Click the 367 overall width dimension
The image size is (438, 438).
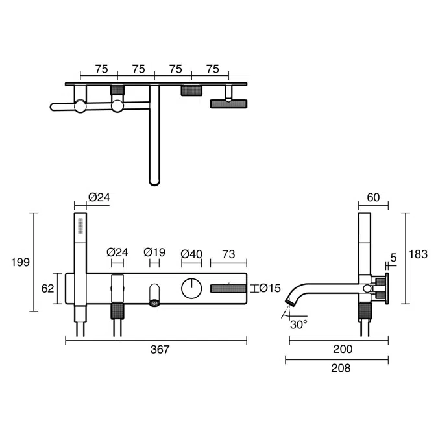[x=159, y=349]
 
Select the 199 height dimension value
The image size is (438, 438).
[x=21, y=262]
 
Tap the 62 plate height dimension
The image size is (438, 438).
[x=47, y=288]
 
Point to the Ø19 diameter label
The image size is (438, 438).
[x=154, y=252]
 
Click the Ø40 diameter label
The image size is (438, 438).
[x=192, y=252]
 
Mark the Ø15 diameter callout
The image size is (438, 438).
[x=269, y=288]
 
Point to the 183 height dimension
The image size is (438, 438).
[x=418, y=254]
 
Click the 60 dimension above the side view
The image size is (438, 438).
[x=373, y=197]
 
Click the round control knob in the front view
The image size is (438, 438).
[x=191, y=287]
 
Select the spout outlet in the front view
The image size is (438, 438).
[x=154, y=301]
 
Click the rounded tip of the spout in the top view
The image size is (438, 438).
[x=154, y=181]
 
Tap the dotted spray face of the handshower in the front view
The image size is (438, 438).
[x=80, y=227]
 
